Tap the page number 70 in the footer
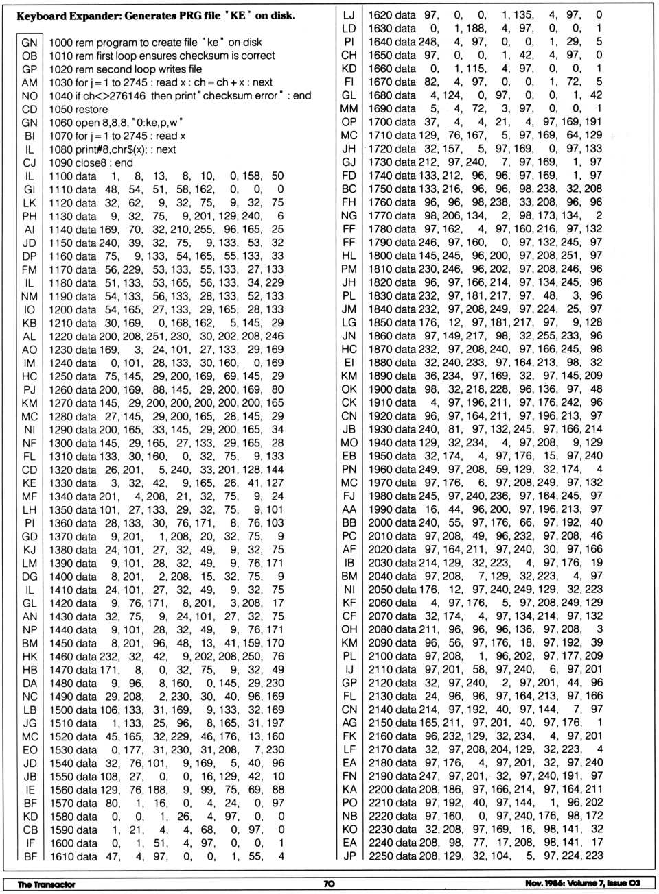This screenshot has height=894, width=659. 329,884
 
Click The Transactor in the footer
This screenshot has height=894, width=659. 46,884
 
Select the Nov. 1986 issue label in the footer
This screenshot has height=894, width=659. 582,884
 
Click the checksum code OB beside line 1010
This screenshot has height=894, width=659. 30,56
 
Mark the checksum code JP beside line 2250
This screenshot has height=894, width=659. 349,856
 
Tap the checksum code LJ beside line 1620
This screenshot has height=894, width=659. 349,15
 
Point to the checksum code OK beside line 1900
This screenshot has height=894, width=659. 349,389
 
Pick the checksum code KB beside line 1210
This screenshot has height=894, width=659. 30,323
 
